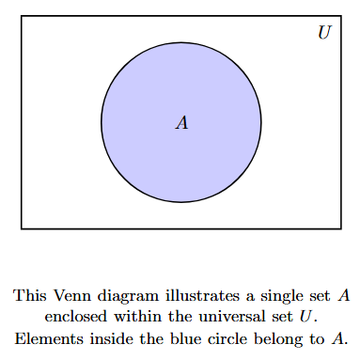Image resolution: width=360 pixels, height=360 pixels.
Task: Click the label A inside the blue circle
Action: point(181,123)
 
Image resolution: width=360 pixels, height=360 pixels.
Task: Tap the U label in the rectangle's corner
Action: point(324,33)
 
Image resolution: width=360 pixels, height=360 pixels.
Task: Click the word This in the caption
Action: point(29,295)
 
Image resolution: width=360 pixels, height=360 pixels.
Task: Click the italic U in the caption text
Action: point(304,317)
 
